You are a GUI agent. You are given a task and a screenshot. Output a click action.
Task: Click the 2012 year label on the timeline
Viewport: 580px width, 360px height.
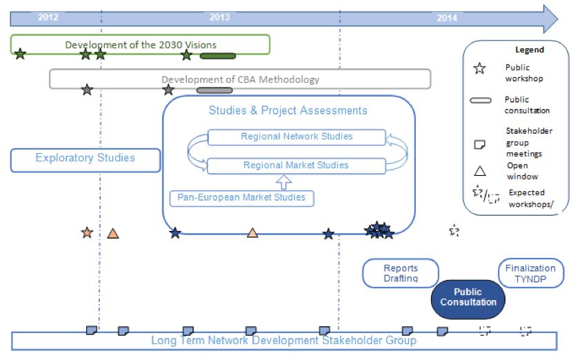48,17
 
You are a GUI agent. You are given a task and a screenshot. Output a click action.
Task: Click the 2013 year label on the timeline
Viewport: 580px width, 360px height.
220,17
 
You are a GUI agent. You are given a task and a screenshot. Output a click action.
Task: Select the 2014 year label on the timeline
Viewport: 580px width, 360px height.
447,18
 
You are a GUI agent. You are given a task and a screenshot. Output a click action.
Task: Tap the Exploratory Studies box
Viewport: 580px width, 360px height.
86,159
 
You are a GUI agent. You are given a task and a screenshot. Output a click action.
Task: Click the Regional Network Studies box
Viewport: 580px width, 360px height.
297,137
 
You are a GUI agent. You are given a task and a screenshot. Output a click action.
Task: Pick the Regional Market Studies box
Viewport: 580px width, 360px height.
297,166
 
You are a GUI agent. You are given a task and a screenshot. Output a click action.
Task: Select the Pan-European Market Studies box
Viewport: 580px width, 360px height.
241,198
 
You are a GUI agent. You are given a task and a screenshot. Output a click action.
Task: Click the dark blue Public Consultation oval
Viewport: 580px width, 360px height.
468,297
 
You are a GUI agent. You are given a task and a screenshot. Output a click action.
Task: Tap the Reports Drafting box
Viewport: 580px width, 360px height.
401,273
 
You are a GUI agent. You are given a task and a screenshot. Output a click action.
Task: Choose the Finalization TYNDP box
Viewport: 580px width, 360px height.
530,273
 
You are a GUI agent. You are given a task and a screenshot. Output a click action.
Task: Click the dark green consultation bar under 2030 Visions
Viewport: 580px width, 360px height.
218,56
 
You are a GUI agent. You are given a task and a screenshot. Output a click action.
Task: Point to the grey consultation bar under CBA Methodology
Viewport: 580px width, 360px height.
214,90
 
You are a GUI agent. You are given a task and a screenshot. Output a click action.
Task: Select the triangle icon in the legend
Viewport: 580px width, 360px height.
479,170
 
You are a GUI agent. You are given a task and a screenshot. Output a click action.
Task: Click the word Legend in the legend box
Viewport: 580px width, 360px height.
530,50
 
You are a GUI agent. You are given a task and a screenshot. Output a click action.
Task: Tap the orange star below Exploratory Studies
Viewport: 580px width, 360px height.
87,233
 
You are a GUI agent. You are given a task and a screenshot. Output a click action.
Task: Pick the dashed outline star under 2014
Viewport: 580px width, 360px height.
454,230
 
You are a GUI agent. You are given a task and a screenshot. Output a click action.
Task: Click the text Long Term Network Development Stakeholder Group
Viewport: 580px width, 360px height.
283,341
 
